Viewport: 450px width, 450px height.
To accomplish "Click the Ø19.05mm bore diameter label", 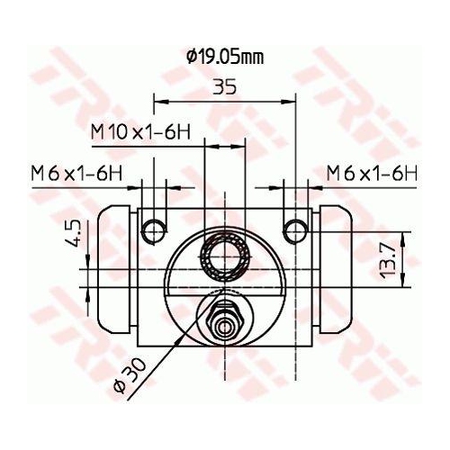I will coord(225,57).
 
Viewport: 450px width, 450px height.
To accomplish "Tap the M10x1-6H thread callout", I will coord(140,131).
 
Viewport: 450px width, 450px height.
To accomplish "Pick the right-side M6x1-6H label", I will coord(372,172).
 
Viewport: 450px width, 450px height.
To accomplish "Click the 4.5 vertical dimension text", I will coord(76,234).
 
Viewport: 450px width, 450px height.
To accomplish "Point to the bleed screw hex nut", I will coord(224,319).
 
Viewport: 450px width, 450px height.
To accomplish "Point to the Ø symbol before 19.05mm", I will coord(192,57).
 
